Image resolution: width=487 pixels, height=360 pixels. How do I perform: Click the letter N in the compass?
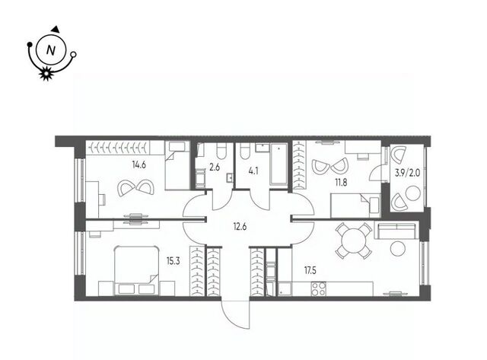pyautogui.click(x=51, y=50)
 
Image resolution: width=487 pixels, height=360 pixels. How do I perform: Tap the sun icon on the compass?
pyautogui.click(x=46, y=73)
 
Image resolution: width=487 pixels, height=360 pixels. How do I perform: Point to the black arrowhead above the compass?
pyautogui.click(x=56, y=29)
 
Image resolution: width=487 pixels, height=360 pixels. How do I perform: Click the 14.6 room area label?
pyautogui.click(x=138, y=165)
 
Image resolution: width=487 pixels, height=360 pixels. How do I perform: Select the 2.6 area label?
pyautogui.click(x=215, y=167)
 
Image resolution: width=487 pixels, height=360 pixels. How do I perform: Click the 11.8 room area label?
pyautogui.click(x=340, y=183)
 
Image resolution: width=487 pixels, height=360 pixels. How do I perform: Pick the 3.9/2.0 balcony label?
pyautogui.click(x=407, y=173)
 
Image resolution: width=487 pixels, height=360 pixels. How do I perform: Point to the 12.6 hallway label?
pyautogui.click(x=240, y=227)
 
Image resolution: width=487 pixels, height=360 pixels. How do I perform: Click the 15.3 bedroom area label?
pyautogui.click(x=173, y=261)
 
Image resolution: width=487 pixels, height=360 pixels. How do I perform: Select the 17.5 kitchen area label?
pyautogui.click(x=310, y=270)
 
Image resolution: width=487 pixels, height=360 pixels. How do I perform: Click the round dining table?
pyautogui.click(x=353, y=241)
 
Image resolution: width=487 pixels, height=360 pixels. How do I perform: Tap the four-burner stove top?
pyautogui.click(x=318, y=289)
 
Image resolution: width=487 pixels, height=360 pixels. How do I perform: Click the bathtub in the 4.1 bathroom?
pyautogui.click(x=279, y=164)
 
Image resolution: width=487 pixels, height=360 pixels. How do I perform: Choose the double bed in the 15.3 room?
pyautogui.click(x=137, y=270)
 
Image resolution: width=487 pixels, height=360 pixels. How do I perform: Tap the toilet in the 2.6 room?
pyautogui.click(x=221, y=151)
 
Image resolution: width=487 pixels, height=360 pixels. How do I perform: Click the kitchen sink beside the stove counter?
pyautogui.click(x=285, y=289)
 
